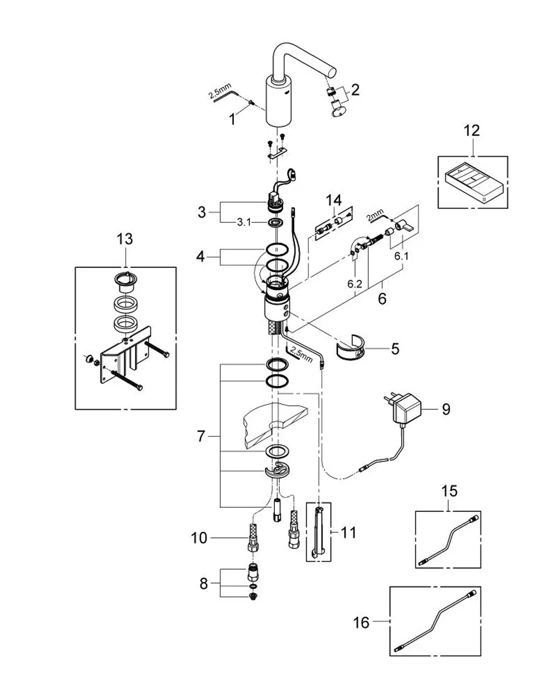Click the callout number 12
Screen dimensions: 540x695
click(x=472, y=131)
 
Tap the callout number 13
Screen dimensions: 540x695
click(x=125, y=239)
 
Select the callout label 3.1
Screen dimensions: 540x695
click(x=244, y=222)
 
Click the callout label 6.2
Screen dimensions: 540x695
click(x=355, y=284)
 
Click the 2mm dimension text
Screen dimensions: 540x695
click(x=375, y=215)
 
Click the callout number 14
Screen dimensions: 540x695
click(x=334, y=200)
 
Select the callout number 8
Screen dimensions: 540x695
click(x=204, y=584)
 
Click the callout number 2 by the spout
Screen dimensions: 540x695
click(x=355, y=90)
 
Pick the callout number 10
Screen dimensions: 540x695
click(x=199, y=538)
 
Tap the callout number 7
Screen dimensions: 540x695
click(x=200, y=436)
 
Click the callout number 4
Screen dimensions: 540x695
click(x=200, y=257)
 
